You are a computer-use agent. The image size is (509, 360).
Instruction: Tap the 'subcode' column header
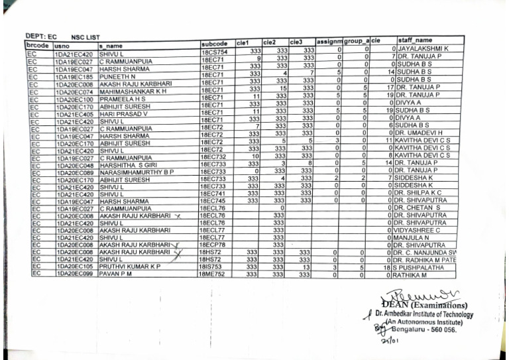[x=213, y=44]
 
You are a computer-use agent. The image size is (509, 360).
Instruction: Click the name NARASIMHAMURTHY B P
[x=136, y=172]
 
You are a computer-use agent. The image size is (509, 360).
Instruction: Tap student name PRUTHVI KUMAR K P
[x=133, y=267]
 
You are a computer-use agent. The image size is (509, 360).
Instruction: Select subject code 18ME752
[x=213, y=274]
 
